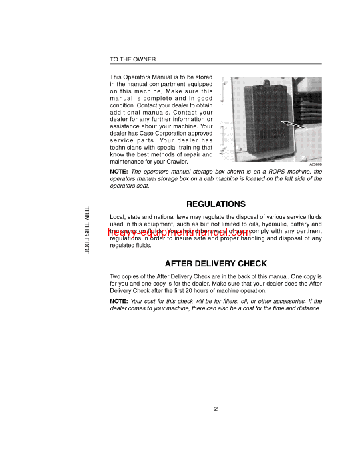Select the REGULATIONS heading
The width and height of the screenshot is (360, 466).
216,204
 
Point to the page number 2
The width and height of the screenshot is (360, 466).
216,409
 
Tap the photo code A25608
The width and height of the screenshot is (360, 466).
315,164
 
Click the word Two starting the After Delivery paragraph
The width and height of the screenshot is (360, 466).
116,276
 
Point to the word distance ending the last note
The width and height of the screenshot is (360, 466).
307,308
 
